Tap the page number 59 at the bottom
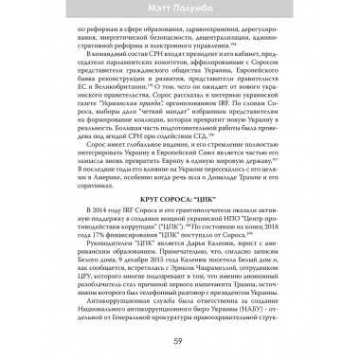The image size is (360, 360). pos(179,342)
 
